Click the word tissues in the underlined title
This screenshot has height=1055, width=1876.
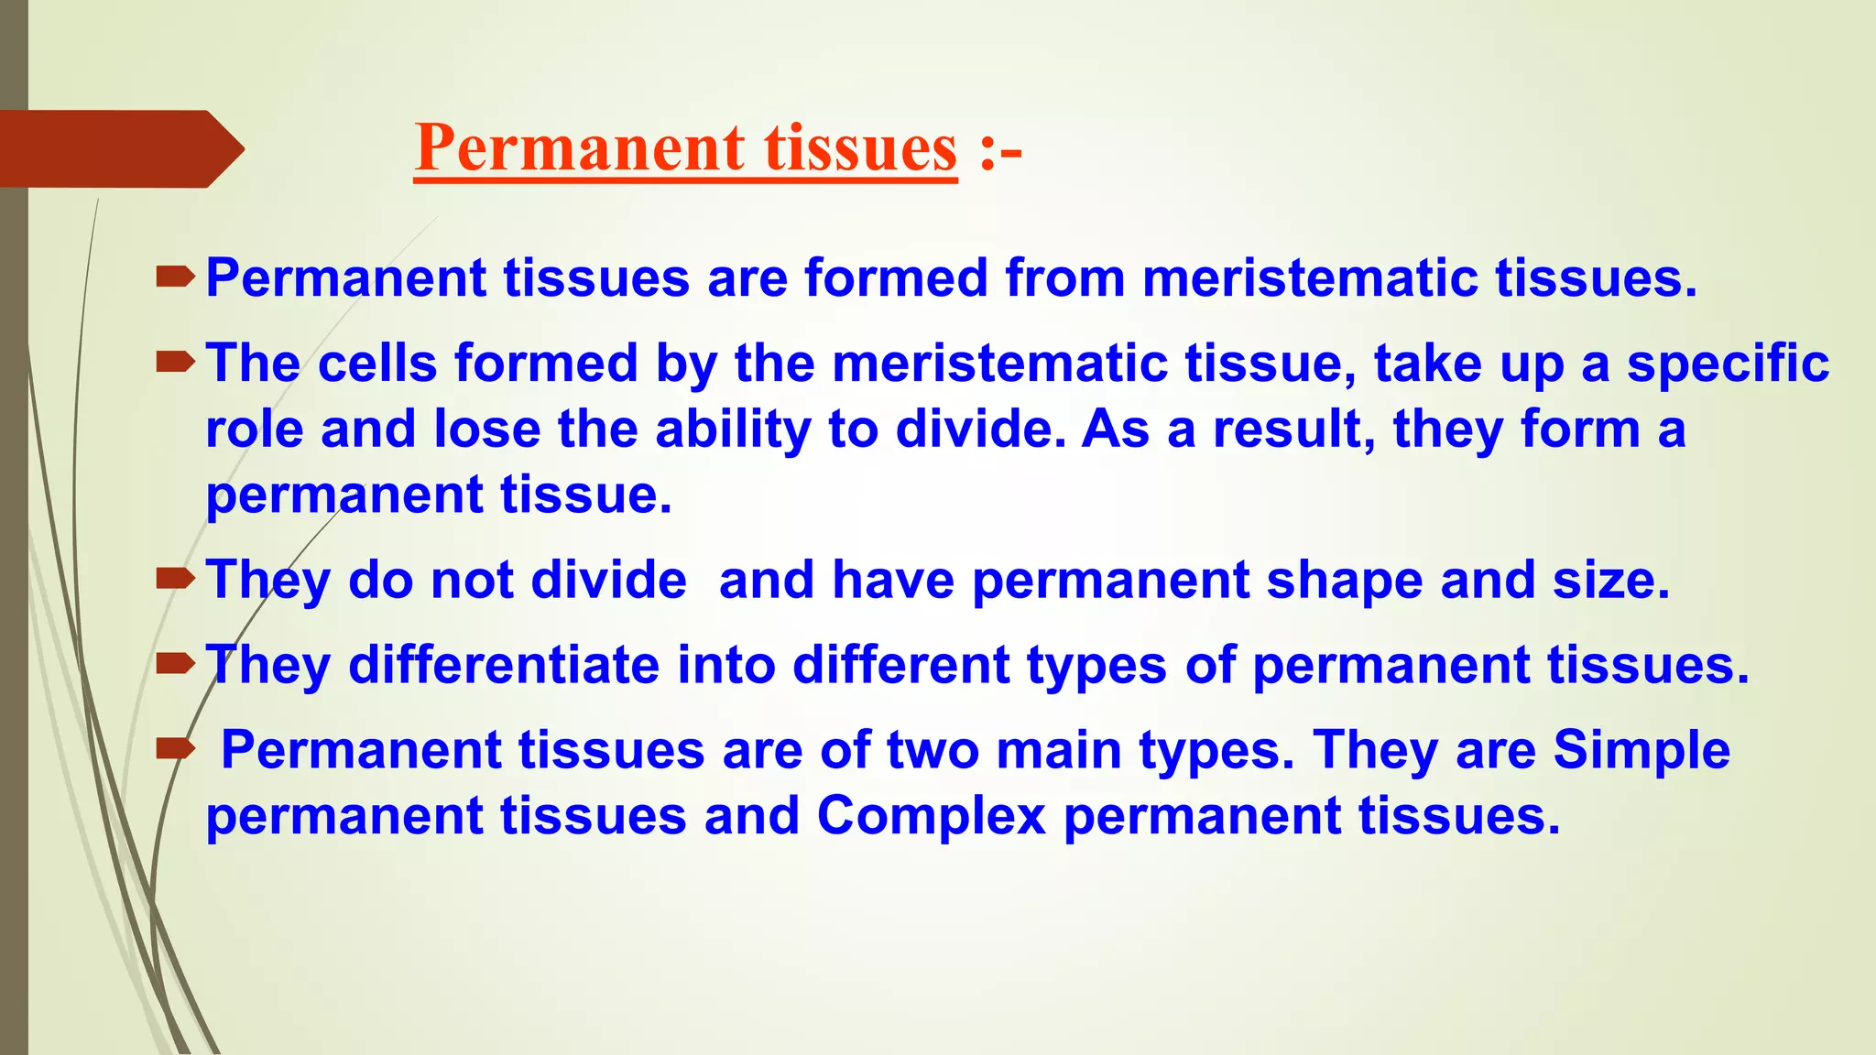[x=860, y=148]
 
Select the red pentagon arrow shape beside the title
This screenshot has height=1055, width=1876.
[x=119, y=148]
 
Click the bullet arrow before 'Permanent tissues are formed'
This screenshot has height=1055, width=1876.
[x=175, y=276]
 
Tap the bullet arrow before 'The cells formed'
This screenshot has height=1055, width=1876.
[x=175, y=363]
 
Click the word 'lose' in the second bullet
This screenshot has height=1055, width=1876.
[x=486, y=430]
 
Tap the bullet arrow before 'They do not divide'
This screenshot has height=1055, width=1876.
[x=175, y=578]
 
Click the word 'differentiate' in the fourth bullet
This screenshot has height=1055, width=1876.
[x=503, y=665]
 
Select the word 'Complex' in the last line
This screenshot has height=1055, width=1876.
[x=931, y=816]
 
